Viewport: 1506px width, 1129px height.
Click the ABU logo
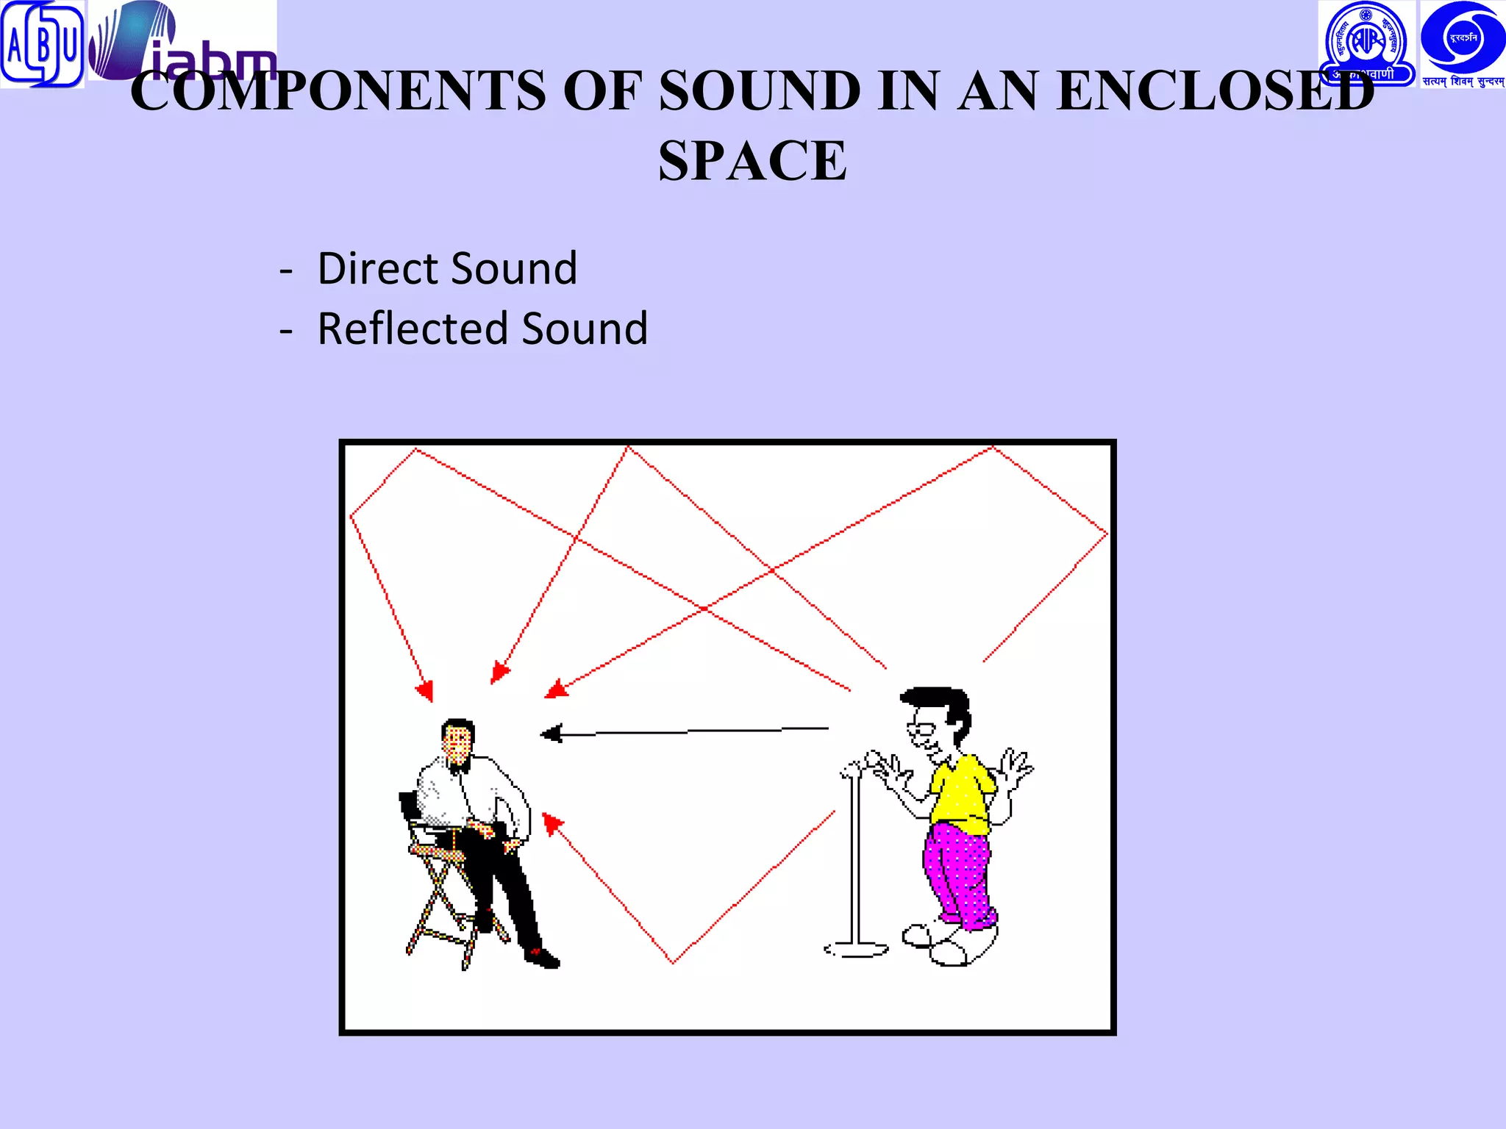pyautogui.click(x=41, y=44)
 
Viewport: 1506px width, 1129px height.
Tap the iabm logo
pyautogui.click(x=182, y=43)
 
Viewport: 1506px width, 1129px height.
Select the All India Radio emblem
pyautogui.click(x=1366, y=43)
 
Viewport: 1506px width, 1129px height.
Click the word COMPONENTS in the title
pyautogui.click(x=338, y=91)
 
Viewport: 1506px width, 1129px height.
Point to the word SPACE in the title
pyautogui.click(x=752, y=160)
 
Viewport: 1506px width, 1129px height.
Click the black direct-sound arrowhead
pyautogui.click(x=552, y=733)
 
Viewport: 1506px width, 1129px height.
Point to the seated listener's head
pyautogui.click(x=457, y=738)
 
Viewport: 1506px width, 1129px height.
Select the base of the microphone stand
pyautogui.click(x=856, y=950)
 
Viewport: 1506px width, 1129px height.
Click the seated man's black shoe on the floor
pyautogui.click(x=543, y=957)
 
